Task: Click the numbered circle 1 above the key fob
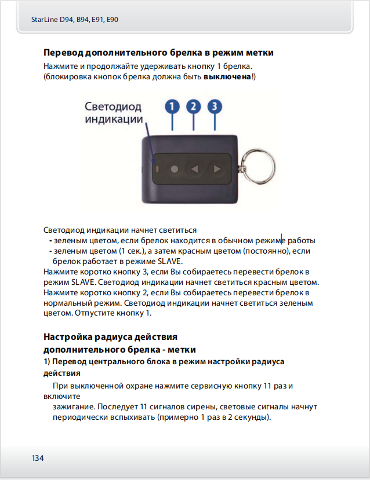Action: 172,107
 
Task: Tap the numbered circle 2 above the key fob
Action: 194,107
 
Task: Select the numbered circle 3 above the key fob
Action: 215,107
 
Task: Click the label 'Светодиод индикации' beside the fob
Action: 114,113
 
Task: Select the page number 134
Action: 38,458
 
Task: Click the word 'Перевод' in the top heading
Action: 63,53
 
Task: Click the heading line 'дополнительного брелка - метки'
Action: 120,350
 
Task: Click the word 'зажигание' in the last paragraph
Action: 71,407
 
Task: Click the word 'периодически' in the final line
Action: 79,417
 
